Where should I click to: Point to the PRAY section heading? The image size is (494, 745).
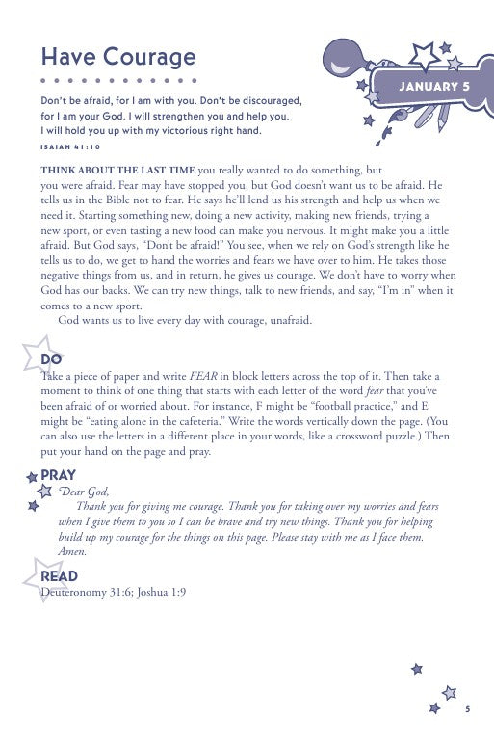(x=59, y=474)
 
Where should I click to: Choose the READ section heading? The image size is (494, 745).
(x=59, y=575)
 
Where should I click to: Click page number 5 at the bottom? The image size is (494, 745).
(x=466, y=709)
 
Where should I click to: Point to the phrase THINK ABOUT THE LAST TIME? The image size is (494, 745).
(x=109, y=169)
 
